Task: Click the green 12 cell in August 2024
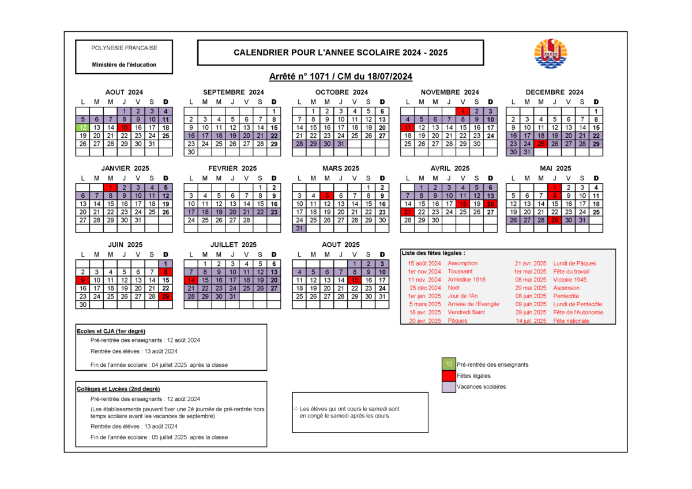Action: click(82, 127)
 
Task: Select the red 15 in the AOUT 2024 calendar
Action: click(124, 127)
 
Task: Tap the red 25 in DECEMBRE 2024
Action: click(541, 144)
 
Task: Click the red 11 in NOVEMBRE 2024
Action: click(408, 127)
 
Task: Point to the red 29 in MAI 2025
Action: click(555, 220)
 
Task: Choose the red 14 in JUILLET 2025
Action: click(191, 280)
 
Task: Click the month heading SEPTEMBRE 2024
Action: click(234, 92)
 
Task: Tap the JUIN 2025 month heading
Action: click(125, 245)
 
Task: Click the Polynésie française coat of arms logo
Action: click(551, 54)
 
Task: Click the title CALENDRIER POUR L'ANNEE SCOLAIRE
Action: click(340, 52)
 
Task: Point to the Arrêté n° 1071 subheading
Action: click(340, 76)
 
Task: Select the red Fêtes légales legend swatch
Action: click(449, 375)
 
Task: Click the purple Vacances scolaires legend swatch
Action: click(449, 387)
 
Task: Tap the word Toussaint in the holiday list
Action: click(460, 272)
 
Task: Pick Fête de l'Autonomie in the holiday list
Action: click(578, 313)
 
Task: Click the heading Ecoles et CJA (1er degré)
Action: click(111, 332)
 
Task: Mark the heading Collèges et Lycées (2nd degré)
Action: click(118, 389)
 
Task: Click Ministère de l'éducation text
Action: click(124, 65)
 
